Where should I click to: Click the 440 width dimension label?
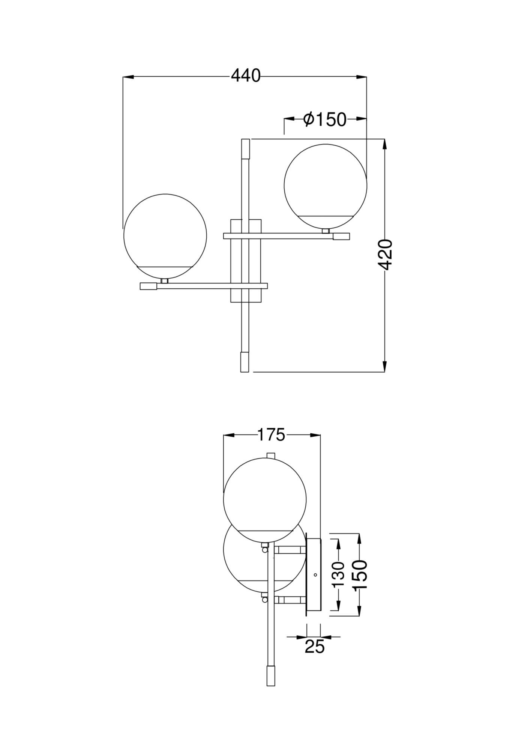245,76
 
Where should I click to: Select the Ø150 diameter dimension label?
325,119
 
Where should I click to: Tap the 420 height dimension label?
385,255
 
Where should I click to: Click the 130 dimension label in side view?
339,575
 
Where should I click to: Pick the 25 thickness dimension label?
314,647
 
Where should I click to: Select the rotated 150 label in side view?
360,575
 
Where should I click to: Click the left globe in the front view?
165,235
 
